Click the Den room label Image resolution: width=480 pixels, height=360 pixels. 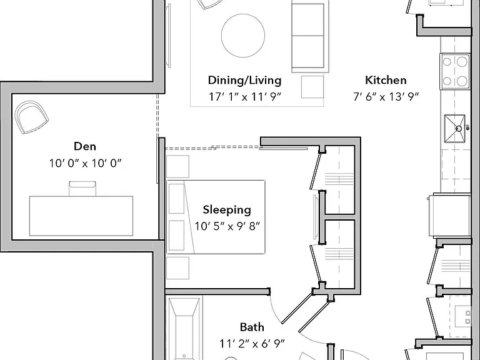click(x=85, y=146)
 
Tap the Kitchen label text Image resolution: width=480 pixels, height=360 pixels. click(x=386, y=80)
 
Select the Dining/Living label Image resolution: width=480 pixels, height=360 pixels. click(x=244, y=80)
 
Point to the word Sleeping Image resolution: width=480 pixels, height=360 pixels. click(x=227, y=210)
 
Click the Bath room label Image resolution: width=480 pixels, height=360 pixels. click(x=252, y=327)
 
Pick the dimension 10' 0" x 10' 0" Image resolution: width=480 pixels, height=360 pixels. click(x=86, y=163)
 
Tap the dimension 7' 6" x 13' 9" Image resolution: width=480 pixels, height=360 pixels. click(x=386, y=97)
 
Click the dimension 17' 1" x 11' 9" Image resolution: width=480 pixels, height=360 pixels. click(x=244, y=97)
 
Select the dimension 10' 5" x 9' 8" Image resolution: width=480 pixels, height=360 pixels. click(x=227, y=226)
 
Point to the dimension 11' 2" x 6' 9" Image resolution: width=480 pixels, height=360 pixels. click(x=252, y=344)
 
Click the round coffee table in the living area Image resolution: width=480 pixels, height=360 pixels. click(x=243, y=35)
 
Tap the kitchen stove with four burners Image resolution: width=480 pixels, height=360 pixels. click(x=455, y=71)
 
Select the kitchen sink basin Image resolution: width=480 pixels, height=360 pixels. click(x=455, y=129)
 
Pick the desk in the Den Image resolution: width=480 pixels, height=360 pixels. click(x=81, y=216)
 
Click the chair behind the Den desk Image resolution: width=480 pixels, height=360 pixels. click(x=82, y=189)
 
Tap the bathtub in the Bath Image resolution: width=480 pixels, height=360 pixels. click(x=184, y=327)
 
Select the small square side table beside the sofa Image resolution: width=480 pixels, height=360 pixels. click(x=312, y=87)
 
